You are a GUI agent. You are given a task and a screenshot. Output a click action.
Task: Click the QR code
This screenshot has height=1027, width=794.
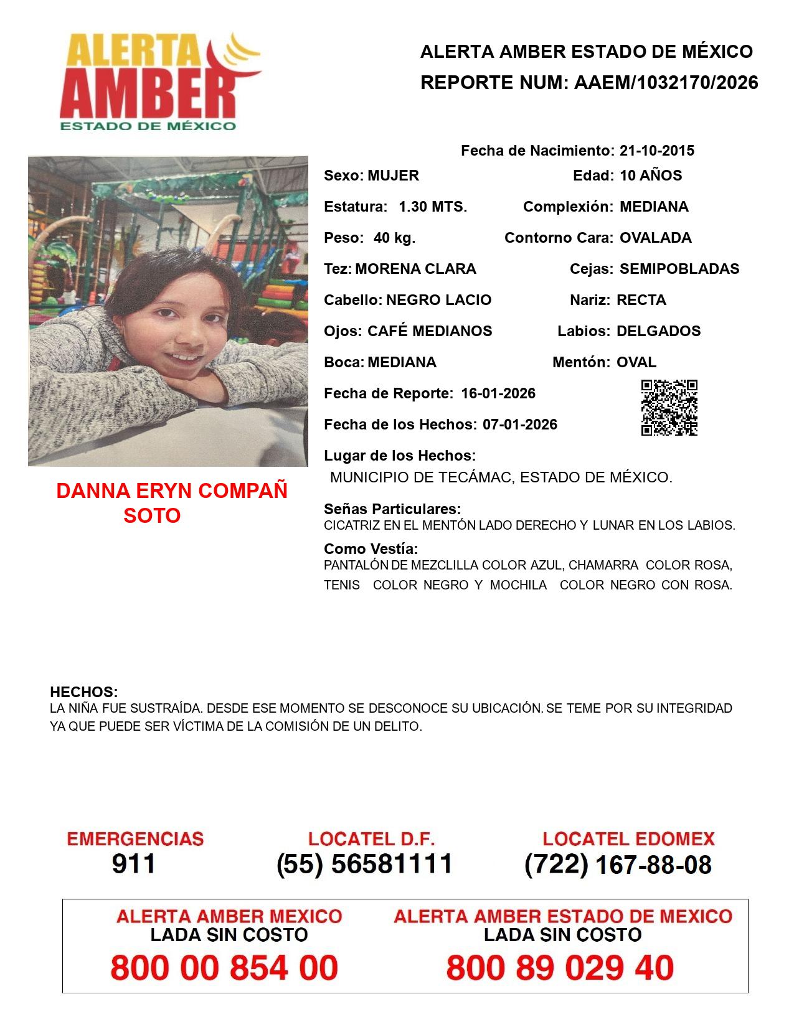[x=669, y=408]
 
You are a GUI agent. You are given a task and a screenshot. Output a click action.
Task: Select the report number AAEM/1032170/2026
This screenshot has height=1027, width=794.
[x=666, y=83]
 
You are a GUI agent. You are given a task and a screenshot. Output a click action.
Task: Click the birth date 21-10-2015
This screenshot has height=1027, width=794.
[x=657, y=151]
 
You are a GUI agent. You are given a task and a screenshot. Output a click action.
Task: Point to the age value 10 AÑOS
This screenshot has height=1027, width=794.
[x=651, y=176]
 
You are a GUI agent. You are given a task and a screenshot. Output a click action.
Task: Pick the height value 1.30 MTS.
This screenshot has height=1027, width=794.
[x=433, y=207]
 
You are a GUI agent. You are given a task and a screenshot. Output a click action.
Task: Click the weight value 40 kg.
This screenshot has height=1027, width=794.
[x=394, y=238]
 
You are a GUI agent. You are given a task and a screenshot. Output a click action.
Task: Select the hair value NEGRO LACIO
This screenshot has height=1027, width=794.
[x=438, y=300]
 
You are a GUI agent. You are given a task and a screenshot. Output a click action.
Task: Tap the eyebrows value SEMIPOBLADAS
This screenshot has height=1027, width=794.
[x=679, y=269]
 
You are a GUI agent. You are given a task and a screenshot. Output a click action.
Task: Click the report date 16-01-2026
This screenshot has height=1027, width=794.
[x=498, y=393]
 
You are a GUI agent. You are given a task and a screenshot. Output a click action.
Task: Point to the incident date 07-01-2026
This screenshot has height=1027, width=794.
[x=520, y=424]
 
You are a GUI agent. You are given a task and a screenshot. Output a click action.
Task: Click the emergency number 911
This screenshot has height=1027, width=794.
[x=134, y=864]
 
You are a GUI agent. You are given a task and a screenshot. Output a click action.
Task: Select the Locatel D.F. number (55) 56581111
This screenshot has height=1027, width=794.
[x=364, y=864]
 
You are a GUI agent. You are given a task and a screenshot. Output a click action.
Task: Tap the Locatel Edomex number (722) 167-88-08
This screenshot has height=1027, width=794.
[x=618, y=864]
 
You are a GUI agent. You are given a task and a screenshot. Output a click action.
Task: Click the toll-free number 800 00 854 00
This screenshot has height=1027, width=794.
[x=224, y=968]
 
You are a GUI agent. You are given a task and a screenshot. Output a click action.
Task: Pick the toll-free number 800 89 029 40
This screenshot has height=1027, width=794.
[x=560, y=968]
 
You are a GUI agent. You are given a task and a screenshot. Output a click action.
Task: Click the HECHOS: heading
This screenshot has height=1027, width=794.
[x=83, y=692]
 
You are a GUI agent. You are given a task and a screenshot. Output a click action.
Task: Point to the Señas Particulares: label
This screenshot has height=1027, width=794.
[x=392, y=509]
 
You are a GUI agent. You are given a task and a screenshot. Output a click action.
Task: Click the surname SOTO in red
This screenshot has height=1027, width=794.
[x=152, y=515]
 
